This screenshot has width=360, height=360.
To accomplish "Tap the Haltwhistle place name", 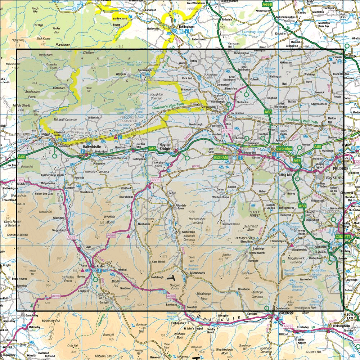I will (93, 147).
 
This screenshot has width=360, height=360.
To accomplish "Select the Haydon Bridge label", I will (170, 144).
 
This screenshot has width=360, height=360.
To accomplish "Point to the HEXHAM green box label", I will (221, 157).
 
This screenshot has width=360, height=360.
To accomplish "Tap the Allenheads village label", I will (197, 273).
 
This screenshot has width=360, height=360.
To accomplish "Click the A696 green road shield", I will (267, 5).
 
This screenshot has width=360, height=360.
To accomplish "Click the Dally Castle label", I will (120, 18).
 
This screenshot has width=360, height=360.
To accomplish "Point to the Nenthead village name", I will (126, 288).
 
